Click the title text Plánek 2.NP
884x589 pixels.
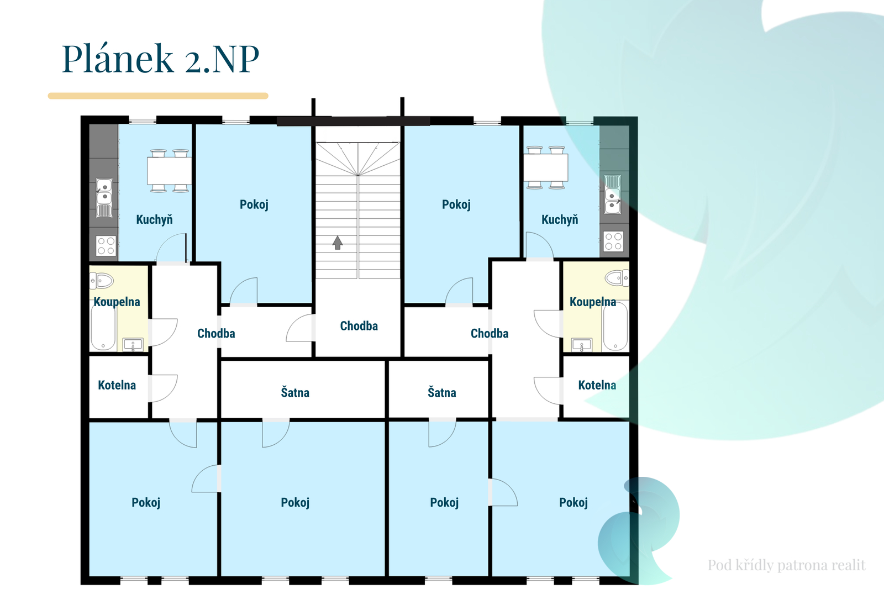coord(160,59)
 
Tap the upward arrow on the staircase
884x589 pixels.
coord(337,243)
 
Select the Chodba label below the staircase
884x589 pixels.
coord(359,325)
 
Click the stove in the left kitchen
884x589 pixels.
coord(106,245)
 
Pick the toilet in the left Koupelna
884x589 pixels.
coord(102,281)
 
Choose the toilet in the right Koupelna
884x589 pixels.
coord(617,278)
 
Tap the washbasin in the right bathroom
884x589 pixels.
coord(582,345)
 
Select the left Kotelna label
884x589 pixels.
coord(117,385)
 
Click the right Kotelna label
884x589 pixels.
coord(597,385)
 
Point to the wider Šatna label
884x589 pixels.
coord(295,392)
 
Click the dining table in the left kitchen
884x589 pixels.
coord(169,171)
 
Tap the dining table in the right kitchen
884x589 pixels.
coord(546,167)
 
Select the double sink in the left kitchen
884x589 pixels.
coord(104,197)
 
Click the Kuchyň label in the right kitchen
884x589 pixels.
coord(560,219)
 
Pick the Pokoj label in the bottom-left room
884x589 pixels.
coord(146,503)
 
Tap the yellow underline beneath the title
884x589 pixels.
coord(158,96)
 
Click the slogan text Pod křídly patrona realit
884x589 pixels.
coord(787,565)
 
